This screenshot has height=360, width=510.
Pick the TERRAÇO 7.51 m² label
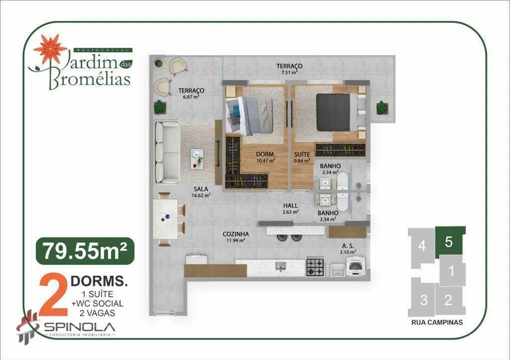(289, 69)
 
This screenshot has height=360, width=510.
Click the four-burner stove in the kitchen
(315, 267)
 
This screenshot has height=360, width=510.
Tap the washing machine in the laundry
(356, 267)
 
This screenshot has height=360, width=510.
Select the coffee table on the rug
(197, 159)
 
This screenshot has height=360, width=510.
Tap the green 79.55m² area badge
(85, 251)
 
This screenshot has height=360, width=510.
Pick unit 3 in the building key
(423, 300)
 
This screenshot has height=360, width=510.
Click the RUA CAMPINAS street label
(437, 322)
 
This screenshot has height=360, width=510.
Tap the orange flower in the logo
(50, 49)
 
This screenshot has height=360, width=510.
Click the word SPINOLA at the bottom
(80, 327)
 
